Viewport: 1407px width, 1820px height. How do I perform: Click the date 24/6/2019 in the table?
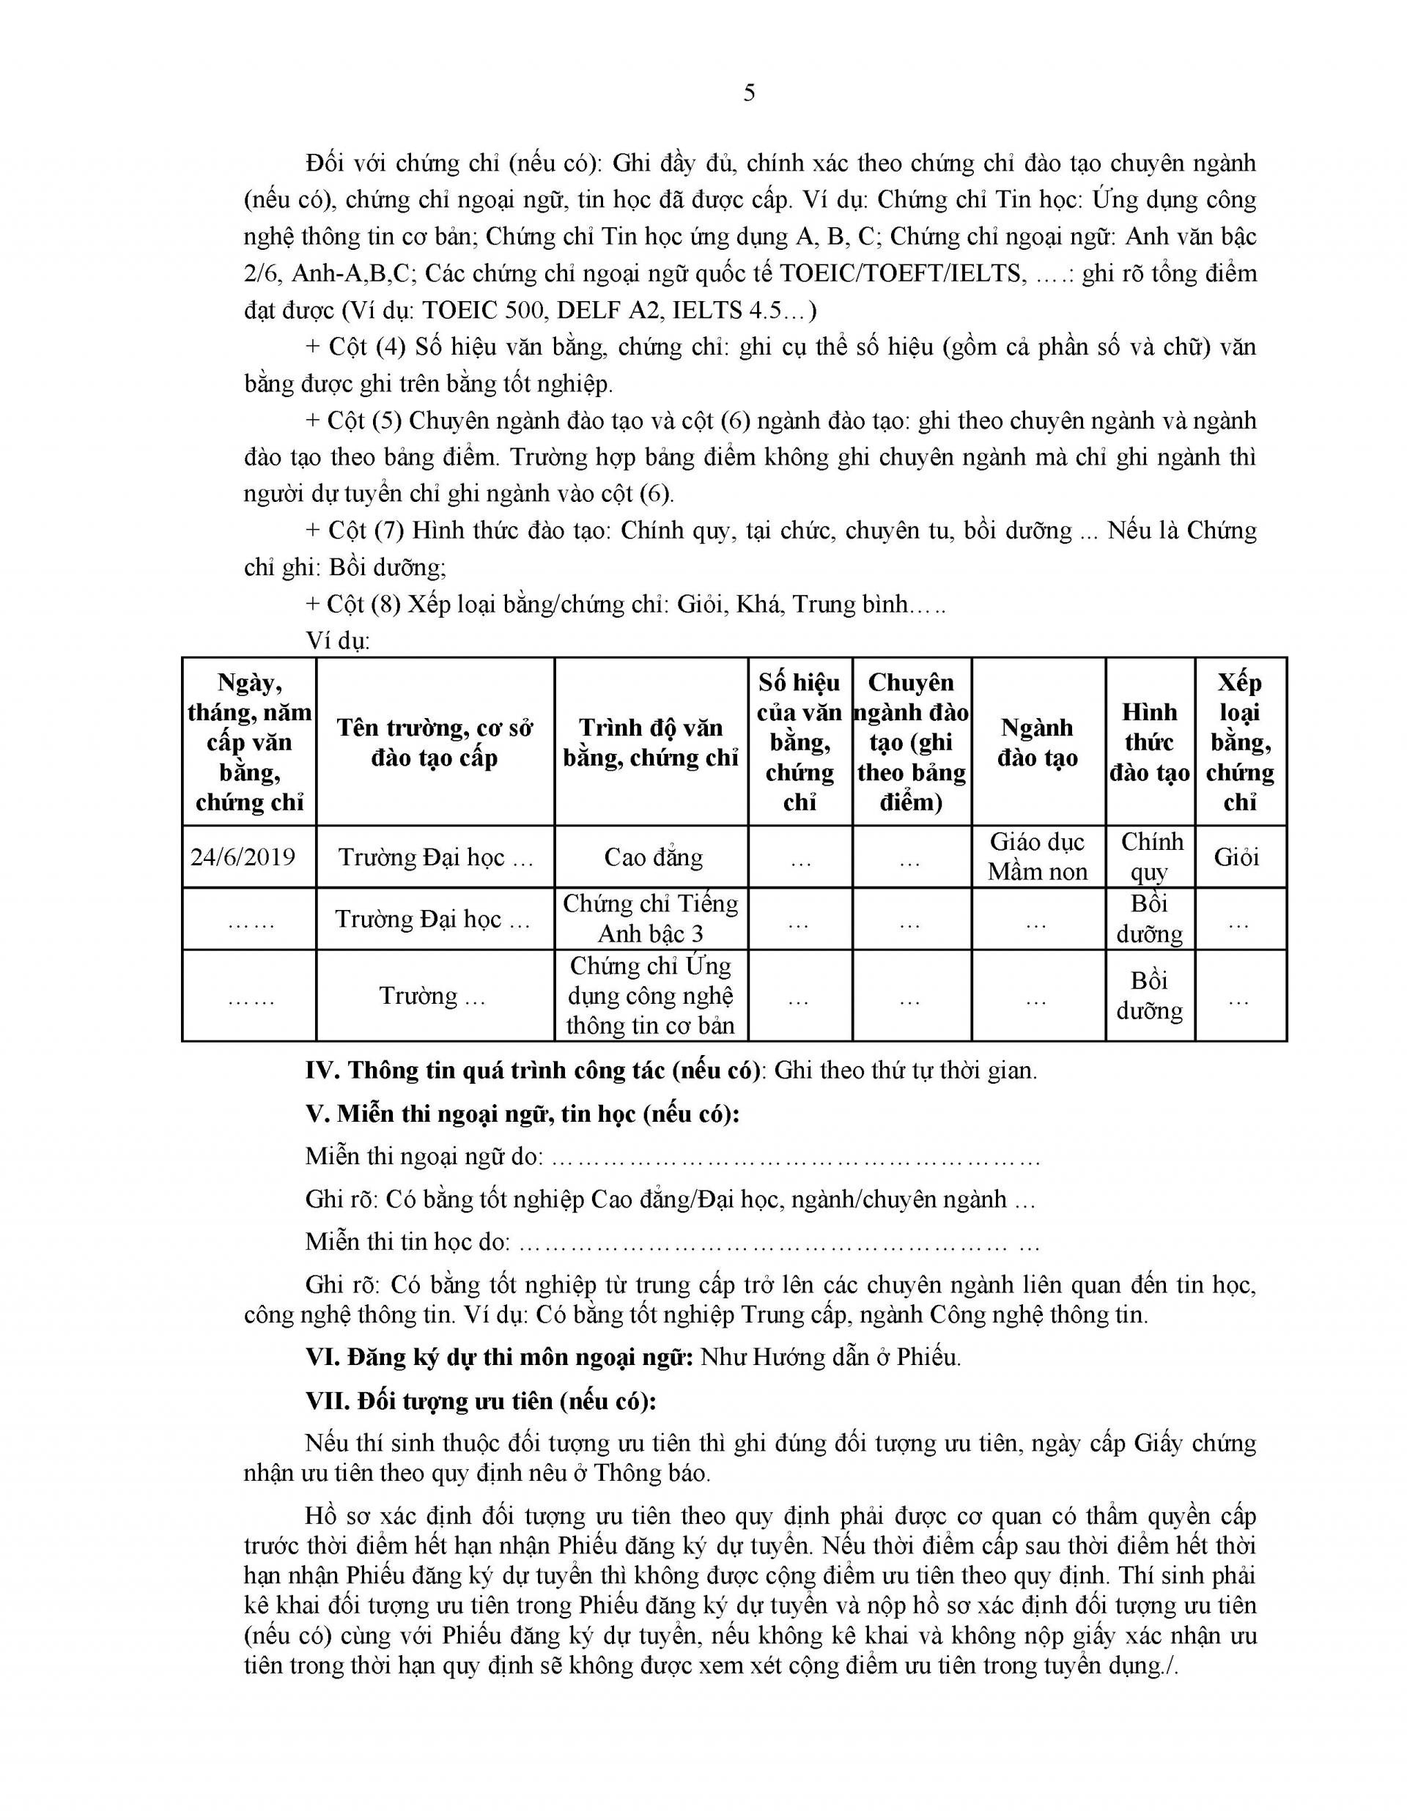pyautogui.click(x=243, y=857)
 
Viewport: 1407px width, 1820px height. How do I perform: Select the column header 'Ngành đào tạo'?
pyautogui.click(x=1038, y=741)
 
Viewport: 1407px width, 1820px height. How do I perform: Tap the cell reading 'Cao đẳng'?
pyautogui.click(x=653, y=857)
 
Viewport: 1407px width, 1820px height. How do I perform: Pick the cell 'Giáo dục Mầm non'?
pyautogui.click(x=1038, y=857)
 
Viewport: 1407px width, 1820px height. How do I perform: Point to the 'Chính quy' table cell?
pyautogui.click(x=1151, y=857)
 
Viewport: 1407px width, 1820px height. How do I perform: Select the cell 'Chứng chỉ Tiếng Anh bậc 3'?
pyautogui.click(x=650, y=918)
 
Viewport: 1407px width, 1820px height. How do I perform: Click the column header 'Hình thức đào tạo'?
pyautogui.click(x=1150, y=741)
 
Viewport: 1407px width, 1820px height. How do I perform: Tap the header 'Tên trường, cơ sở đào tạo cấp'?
pyautogui.click(x=435, y=741)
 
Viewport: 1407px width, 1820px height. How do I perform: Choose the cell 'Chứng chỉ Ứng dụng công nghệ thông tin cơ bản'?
pyautogui.click(x=650, y=995)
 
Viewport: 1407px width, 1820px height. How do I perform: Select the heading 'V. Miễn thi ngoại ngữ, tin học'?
pyautogui.click(x=522, y=1114)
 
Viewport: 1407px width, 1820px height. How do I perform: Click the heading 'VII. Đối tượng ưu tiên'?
pyautogui.click(x=481, y=1400)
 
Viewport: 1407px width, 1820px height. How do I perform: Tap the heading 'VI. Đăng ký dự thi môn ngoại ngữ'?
pyautogui.click(x=499, y=1357)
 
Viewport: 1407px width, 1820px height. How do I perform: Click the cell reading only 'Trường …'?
pyautogui.click(x=432, y=995)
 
